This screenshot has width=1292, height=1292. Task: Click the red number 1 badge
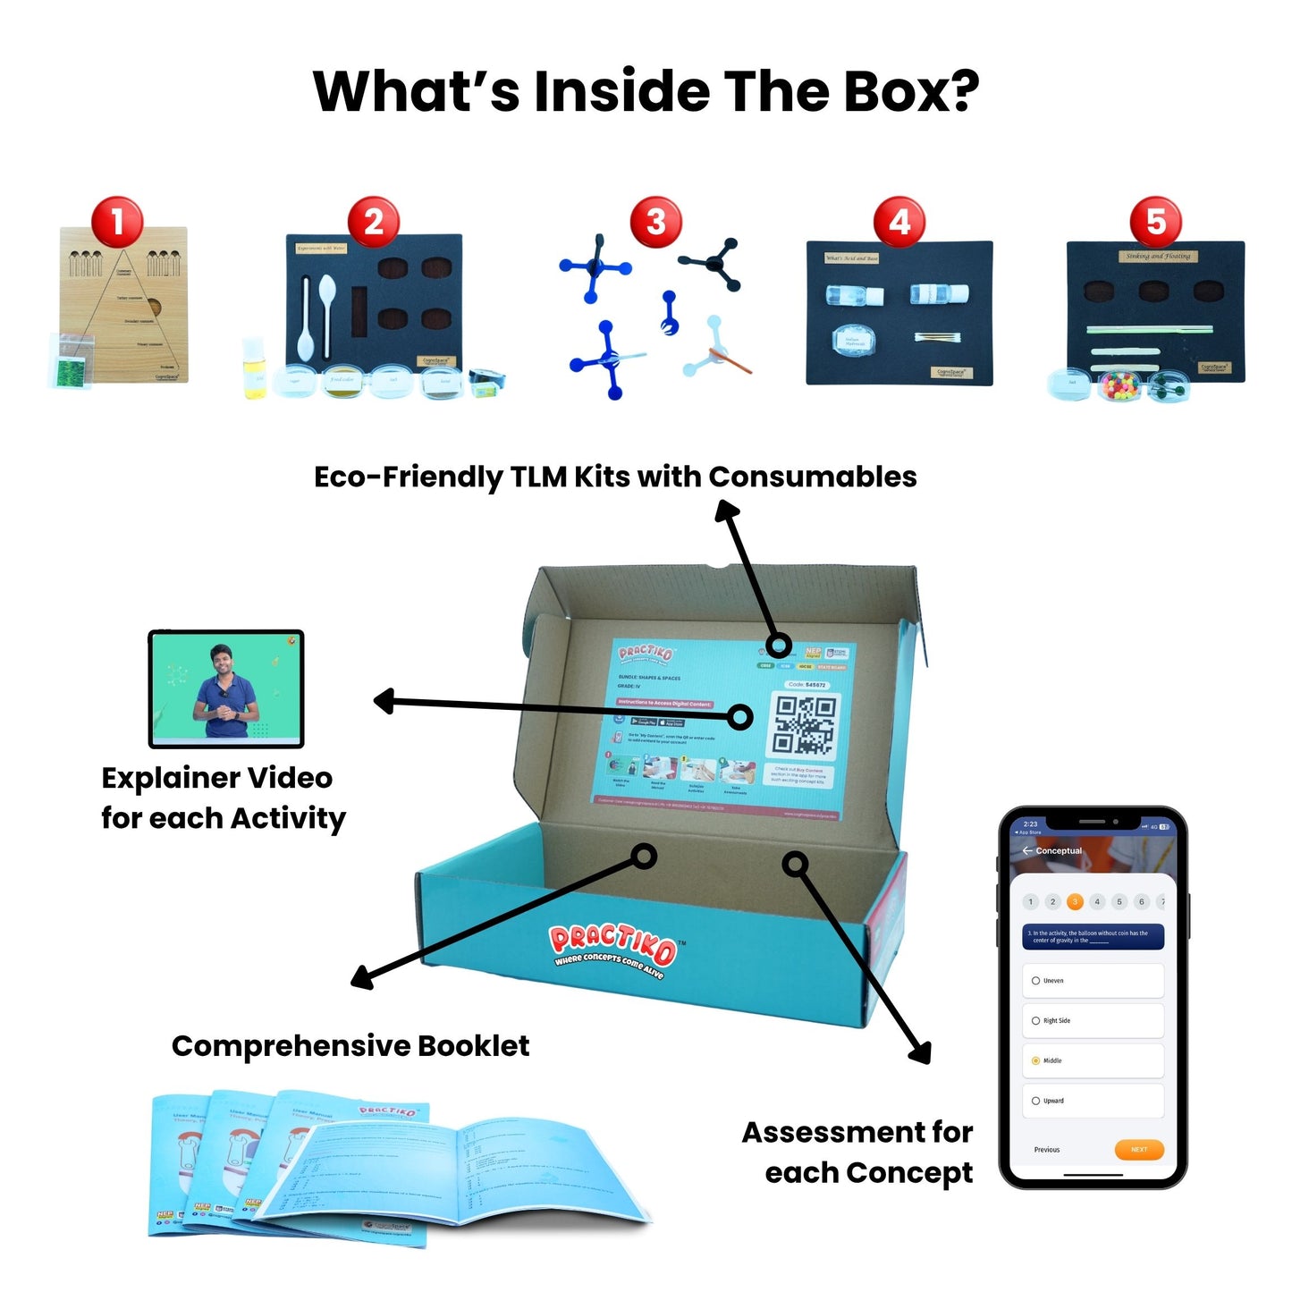click(x=117, y=222)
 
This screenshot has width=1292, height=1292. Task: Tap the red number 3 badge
click(x=655, y=222)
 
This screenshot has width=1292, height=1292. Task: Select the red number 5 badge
click(x=1156, y=222)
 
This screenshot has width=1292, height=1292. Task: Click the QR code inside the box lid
click(x=805, y=725)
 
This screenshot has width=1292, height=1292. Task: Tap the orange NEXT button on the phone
click(x=1138, y=1150)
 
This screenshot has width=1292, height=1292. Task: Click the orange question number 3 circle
click(x=1075, y=901)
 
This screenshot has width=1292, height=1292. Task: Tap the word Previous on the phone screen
click(x=1047, y=1150)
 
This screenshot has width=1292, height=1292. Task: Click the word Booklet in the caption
click(x=473, y=1045)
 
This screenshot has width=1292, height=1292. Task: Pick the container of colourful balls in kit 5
click(x=1118, y=385)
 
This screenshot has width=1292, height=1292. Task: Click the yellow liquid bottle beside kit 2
click(x=255, y=370)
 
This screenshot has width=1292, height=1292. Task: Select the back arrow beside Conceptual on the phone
click(x=1027, y=850)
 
